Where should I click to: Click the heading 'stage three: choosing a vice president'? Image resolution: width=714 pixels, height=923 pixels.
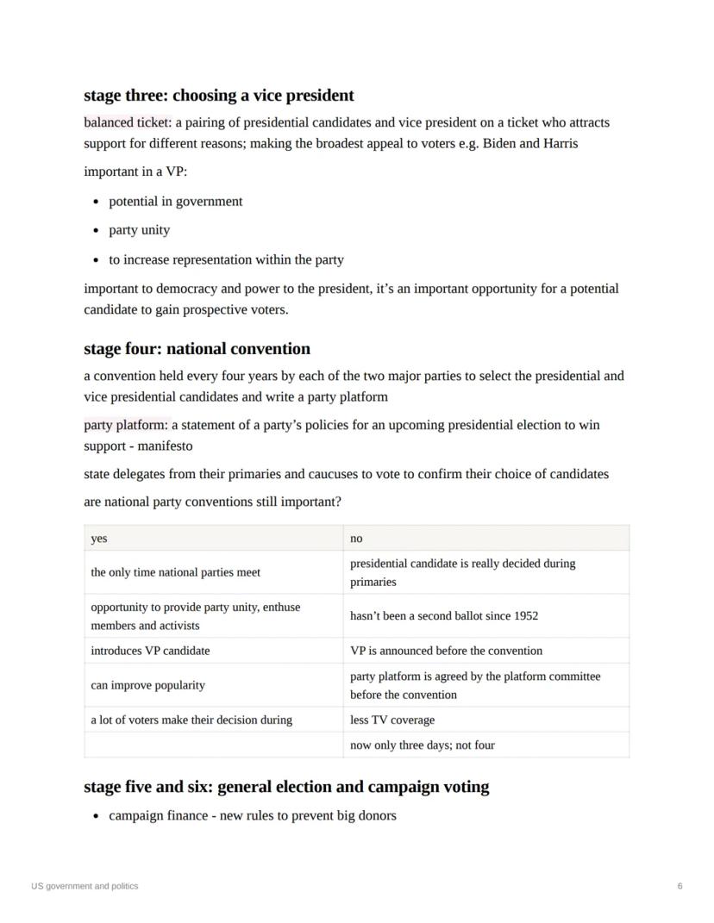point(218,96)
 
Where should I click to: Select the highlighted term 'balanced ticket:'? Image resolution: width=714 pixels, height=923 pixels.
point(127,122)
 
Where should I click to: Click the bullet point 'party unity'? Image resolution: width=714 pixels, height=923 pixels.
point(139,230)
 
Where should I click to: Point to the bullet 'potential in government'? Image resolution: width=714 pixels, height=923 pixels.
point(175,201)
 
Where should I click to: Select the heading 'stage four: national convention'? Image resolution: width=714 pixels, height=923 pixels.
point(197,349)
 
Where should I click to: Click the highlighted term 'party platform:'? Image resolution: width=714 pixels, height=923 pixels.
point(127,425)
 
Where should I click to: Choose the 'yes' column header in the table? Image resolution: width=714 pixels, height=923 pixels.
point(99,538)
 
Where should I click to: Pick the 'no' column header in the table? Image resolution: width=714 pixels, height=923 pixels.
point(356,538)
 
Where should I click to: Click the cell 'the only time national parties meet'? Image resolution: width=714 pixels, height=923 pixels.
point(175,572)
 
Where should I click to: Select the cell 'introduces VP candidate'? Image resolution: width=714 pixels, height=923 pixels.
point(150,651)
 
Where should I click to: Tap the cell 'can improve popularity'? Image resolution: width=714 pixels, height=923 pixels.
point(147,685)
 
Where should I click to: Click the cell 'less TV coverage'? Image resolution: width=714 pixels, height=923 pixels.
point(392,720)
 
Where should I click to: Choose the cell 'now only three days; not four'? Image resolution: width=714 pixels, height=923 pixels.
point(423,745)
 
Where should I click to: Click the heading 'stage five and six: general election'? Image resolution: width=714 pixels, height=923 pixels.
point(286,787)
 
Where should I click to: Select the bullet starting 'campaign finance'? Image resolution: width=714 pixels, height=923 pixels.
point(252,815)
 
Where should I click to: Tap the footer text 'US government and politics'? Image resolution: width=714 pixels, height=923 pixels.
point(85,886)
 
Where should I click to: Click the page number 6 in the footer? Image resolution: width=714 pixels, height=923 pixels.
point(680,886)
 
